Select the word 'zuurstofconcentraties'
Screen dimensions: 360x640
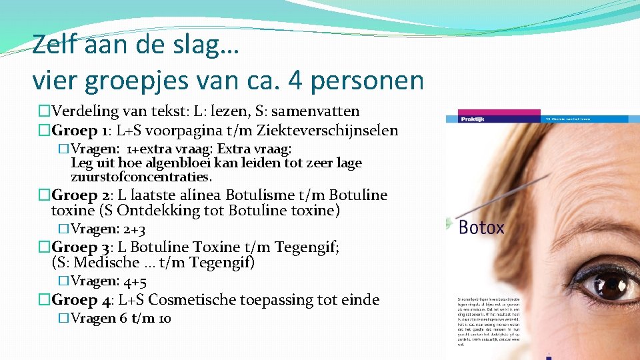(x=140, y=177)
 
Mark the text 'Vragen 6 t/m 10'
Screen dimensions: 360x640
(x=121, y=319)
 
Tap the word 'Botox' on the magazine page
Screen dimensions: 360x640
(x=481, y=228)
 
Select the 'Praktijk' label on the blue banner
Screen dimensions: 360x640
(x=474, y=119)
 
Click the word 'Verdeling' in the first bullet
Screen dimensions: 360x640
(x=84, y=111)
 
